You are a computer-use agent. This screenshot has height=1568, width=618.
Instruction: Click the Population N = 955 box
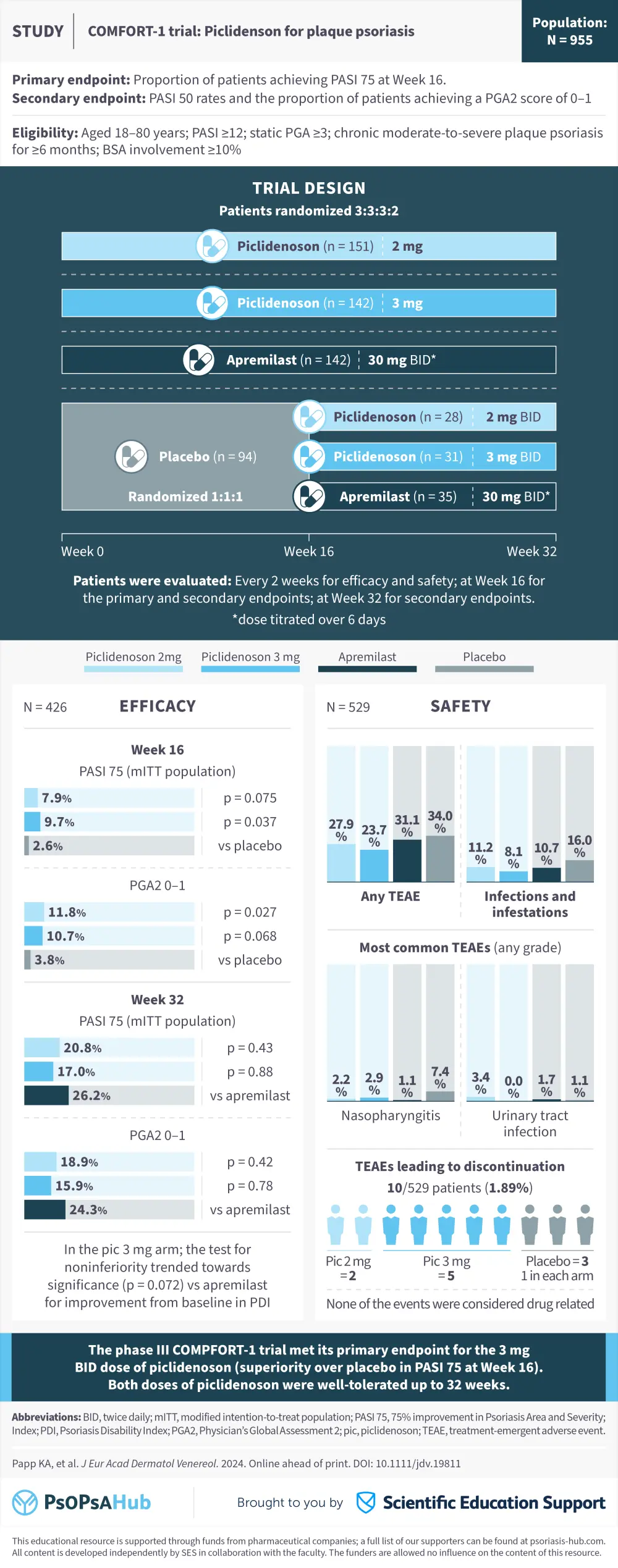(569, 31)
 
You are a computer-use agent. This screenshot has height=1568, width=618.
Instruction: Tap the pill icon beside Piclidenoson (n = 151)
(212, 246)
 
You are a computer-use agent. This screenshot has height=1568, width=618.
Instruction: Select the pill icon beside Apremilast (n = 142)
(199, 360)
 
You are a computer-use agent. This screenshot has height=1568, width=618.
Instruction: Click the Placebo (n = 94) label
(207, 456)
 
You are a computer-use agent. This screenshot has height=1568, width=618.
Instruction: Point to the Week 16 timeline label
(308, 551)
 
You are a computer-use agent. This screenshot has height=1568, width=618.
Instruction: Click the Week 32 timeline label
(531, 551)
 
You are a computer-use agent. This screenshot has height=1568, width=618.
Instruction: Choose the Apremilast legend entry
(367, 657)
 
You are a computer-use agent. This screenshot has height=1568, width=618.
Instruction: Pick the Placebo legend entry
(484, 657)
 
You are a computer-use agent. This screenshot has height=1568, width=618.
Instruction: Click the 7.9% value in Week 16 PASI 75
(56, 798)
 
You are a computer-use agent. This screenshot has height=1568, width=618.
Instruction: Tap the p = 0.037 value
(250, 822)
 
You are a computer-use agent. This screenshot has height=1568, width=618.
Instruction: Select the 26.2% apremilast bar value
(91, 1096)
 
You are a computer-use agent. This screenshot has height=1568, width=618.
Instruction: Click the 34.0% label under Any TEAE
(440, 822)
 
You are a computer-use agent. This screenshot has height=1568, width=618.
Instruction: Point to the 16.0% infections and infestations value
(579, 846)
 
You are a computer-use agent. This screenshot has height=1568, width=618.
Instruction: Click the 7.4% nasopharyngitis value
(440, 1077)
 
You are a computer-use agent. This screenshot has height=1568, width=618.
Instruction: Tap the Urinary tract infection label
(530, 1123)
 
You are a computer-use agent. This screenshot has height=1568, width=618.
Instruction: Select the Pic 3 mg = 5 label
(446, 1268)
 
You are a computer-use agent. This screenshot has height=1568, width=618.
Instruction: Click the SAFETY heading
(460, 706)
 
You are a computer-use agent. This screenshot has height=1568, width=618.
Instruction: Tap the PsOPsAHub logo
(82, 1503)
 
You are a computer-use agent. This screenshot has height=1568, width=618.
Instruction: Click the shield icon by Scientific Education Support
(366, 1503)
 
